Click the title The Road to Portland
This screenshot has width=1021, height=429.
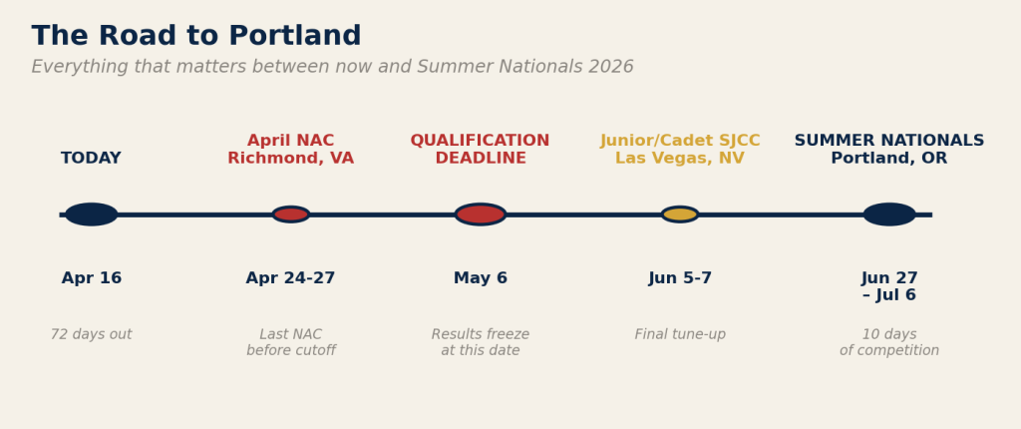tap(196, 36)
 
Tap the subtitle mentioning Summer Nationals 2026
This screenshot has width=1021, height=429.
tap(332, 67)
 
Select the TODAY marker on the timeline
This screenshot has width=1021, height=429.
tap(91, 214)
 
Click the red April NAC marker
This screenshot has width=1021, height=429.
tap(290, 214)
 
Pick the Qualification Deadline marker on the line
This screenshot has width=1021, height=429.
tap(481, 214)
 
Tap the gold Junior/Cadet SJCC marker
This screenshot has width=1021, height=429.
tap(680, 214)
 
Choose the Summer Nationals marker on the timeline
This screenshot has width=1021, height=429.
tap(889, 214)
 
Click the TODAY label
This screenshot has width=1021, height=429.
tap(91, 159)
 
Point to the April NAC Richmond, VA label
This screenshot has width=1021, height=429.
tap(290, 150)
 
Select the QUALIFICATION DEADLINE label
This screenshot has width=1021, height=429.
tap(481, 150)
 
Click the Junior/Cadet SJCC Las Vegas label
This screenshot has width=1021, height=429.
tap(680, 150)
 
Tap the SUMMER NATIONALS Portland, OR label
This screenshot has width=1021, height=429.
tap(889, 150)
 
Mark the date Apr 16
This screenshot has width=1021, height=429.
tap(91, 278)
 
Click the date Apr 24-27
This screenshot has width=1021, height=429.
tap(290, 278)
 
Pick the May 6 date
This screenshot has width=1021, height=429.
tap(481, 278)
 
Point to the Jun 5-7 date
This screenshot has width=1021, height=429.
tap(680, 278)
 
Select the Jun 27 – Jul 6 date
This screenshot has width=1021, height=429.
tap(889, 287)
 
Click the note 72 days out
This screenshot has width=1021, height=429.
tap(91, 334)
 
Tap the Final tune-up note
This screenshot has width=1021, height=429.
tap(680, 334)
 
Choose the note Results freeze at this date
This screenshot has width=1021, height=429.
tap(481, 343)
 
